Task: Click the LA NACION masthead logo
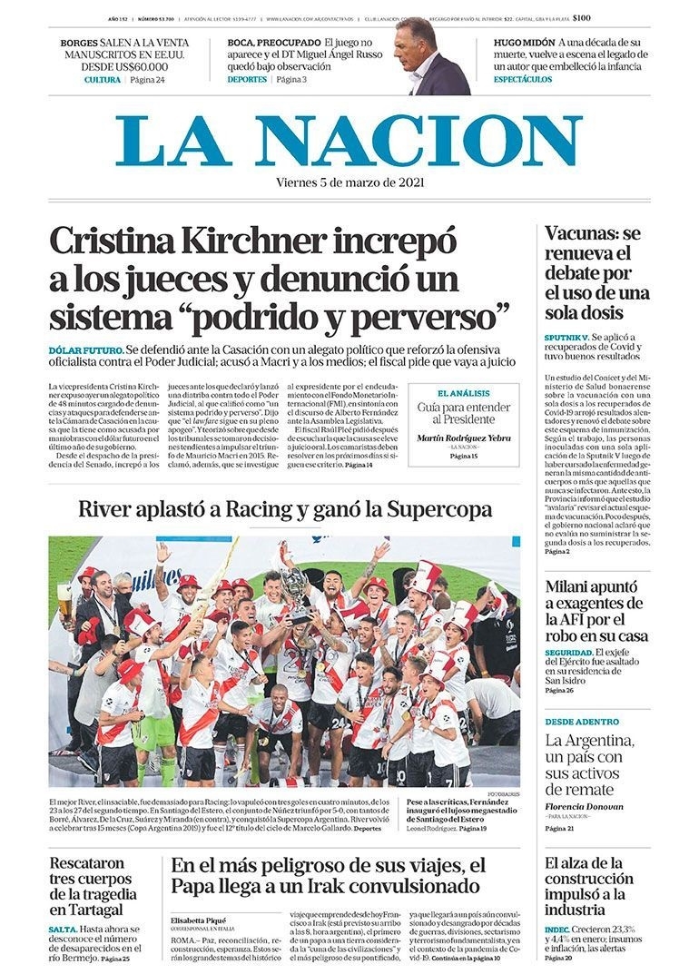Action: (349, 141)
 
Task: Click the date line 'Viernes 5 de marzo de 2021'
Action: (349, 182)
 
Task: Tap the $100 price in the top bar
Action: (582, 17)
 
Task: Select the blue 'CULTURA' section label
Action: (103, 80)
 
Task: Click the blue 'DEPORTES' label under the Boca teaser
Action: (247, 80)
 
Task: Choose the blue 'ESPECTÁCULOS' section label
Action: (523, 80)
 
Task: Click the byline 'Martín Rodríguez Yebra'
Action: (463, 438)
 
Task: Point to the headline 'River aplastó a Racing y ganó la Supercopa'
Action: (285, 509)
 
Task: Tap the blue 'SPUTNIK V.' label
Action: (566, 336)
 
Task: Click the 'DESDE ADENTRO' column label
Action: (582, 722)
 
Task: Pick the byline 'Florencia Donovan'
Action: (584, 807)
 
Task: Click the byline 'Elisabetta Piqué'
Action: (200, 920)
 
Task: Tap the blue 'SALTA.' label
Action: (63, 930)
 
